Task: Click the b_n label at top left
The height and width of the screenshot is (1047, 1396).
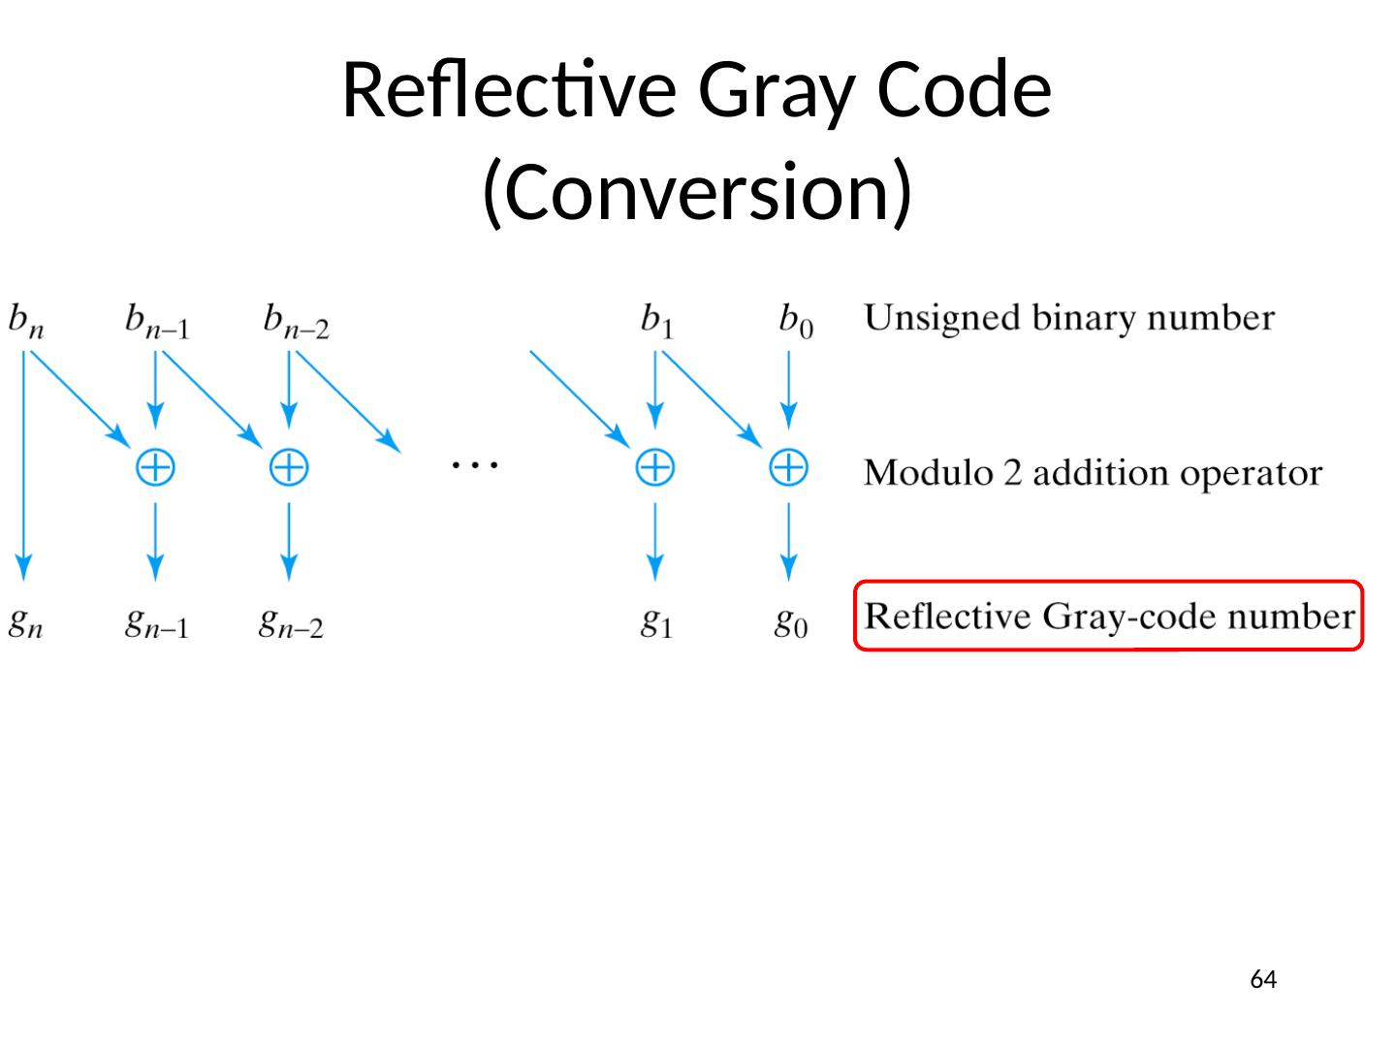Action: [x=26, y=320]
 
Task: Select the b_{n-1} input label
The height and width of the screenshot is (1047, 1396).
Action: [x=157, y=320]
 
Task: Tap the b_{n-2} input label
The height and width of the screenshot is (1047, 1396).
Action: [x=296, y=320]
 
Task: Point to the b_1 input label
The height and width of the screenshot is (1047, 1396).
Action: [x=656, y=320]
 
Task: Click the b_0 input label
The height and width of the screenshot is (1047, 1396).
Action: [x=796, y=320]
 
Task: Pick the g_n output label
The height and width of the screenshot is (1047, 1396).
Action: [x=25, y=622]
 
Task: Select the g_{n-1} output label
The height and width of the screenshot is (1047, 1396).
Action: [x=156, y=622]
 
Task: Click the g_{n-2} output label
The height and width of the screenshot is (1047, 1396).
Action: [x=291, y=622]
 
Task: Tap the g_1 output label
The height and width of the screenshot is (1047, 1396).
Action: [x=656, y=622]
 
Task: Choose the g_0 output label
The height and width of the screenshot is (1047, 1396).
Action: [x=790, y=622]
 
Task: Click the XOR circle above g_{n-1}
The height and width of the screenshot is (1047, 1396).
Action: [x=155, y=468]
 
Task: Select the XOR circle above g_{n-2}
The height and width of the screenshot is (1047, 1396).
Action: [x=289, y=468]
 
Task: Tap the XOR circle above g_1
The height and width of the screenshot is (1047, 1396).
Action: [x=654, y=468]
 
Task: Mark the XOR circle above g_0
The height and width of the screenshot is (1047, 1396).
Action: [x=788, y=468]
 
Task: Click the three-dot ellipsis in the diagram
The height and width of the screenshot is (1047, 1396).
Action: [x=474, y=465]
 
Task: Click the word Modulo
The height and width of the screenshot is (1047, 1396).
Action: [x=928, y=473]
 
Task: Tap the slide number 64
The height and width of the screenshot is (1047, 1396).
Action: [x=1263, y=979]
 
